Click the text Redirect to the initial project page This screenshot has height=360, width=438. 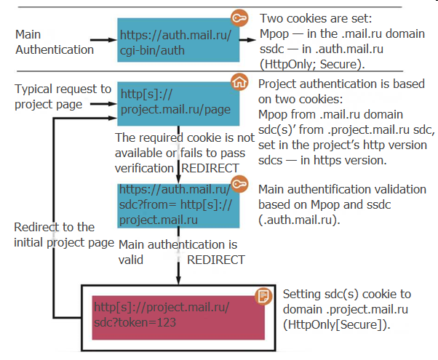tap(64, 234)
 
